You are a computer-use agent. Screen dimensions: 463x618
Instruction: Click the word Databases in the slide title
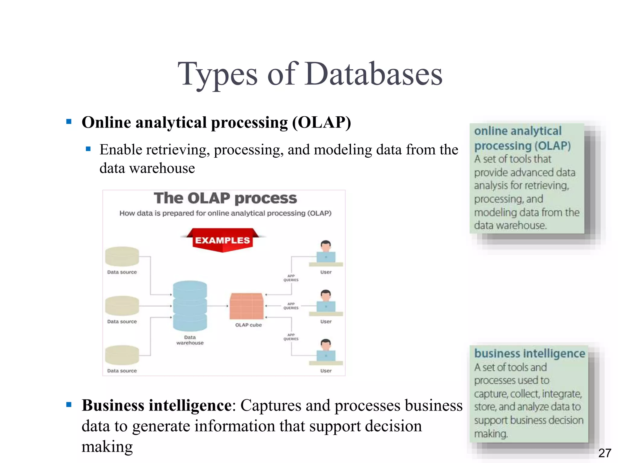pyautogui.click(x=374, y=74)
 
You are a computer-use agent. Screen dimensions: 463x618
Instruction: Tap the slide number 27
pyautogui.click(x=605, y=453)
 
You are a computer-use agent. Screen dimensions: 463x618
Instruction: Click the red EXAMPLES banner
pyautogui.click(x=223, y=240)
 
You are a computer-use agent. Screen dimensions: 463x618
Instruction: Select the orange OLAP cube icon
pyautogui.click(x=246, y=306)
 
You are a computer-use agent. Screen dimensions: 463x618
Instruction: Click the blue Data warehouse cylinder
pyautogui.click(x=190, y=306)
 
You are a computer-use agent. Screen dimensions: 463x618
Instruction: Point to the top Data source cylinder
pyautogui.click(x=122, y=256)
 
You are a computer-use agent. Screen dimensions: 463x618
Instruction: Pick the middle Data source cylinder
pyautogui.click(x=122, y=306)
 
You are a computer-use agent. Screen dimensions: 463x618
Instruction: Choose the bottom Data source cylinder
pyautogui.click(x=122, y=355)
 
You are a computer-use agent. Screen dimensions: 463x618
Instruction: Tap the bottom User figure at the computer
pyautogui.click(x=326, y=351)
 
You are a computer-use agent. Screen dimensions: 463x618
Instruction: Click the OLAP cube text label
pyautogui.click(x=248, y=325)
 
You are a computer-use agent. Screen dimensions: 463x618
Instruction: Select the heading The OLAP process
pyautogui.click(x=225, y=198)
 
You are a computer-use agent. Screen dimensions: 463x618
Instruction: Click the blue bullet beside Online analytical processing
pyautogui.click(x=69, y=122)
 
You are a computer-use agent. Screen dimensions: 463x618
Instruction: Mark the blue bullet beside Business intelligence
pyautogui.click(x=69, y=405)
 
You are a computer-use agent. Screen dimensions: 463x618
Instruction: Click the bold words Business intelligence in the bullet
pyautogui.click(x=156, y=405)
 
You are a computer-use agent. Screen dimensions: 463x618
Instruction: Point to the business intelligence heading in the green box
pyautogui.click(x=530, y=353)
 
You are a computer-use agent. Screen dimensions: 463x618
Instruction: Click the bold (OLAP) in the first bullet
pyautogui.click(x=321, y=122)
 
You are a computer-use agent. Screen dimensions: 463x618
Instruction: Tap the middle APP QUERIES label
pyautogui.click(x=291, y=306)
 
